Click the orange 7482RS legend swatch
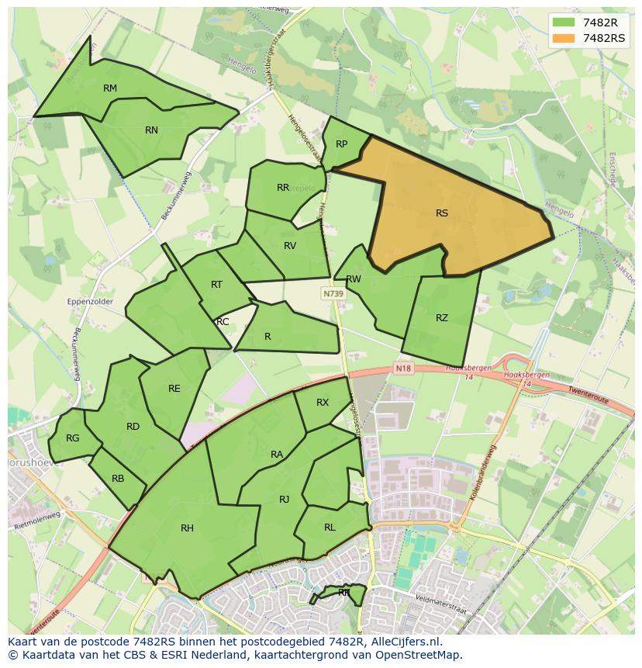pyautogui.click(x=564, y=37)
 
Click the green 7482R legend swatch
pyautogui.click(x=564, y=22)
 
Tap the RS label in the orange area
pyautogui.click(x=442, y=213)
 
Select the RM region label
pyautogui.click(x=110, y=88)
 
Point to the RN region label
pyautogui.click(x=151, y=130)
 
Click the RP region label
pyautogui.click(x=341, y=144)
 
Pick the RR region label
pyautogui.click(x=283, y=188)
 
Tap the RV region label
pyautogui.click(x=290, y=246)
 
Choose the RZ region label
pyautogui.click(x=442, y=318)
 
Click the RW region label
pyautogui.click(x=354, y=279)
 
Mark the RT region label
pyautogui.click(x=217, y=285)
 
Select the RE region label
pyautogui.click(x=174, y=389)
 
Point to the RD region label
pyautogui.click(x=133, y=426)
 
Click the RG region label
pyautogui.click(x=72, y=438)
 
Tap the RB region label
pyautogui.click(x=118, y=479)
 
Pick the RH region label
pyautogui.click(x=187, y=528)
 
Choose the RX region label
pyautogui.click(x=323, y=402)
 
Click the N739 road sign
pyautogui.click(x=333, y=294)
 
